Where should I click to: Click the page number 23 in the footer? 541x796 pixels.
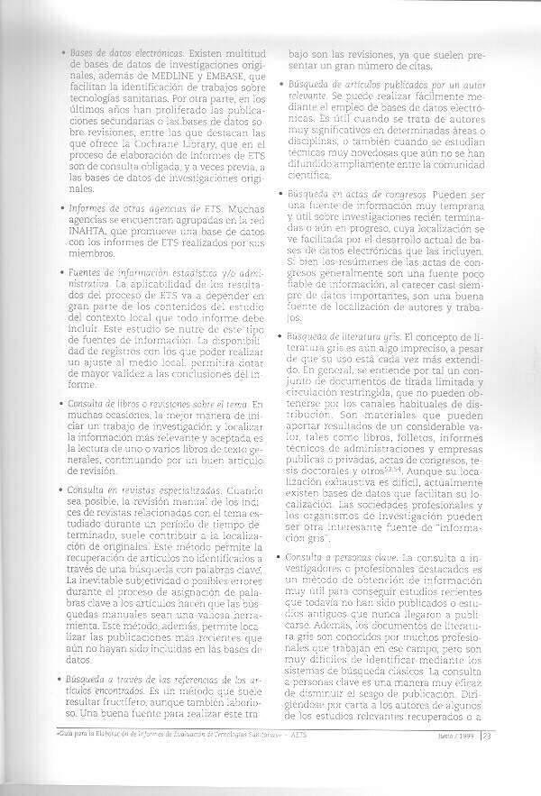coord(486,759)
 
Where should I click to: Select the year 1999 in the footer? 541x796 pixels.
coord(465,759)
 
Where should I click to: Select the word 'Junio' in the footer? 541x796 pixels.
coord(442,759)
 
